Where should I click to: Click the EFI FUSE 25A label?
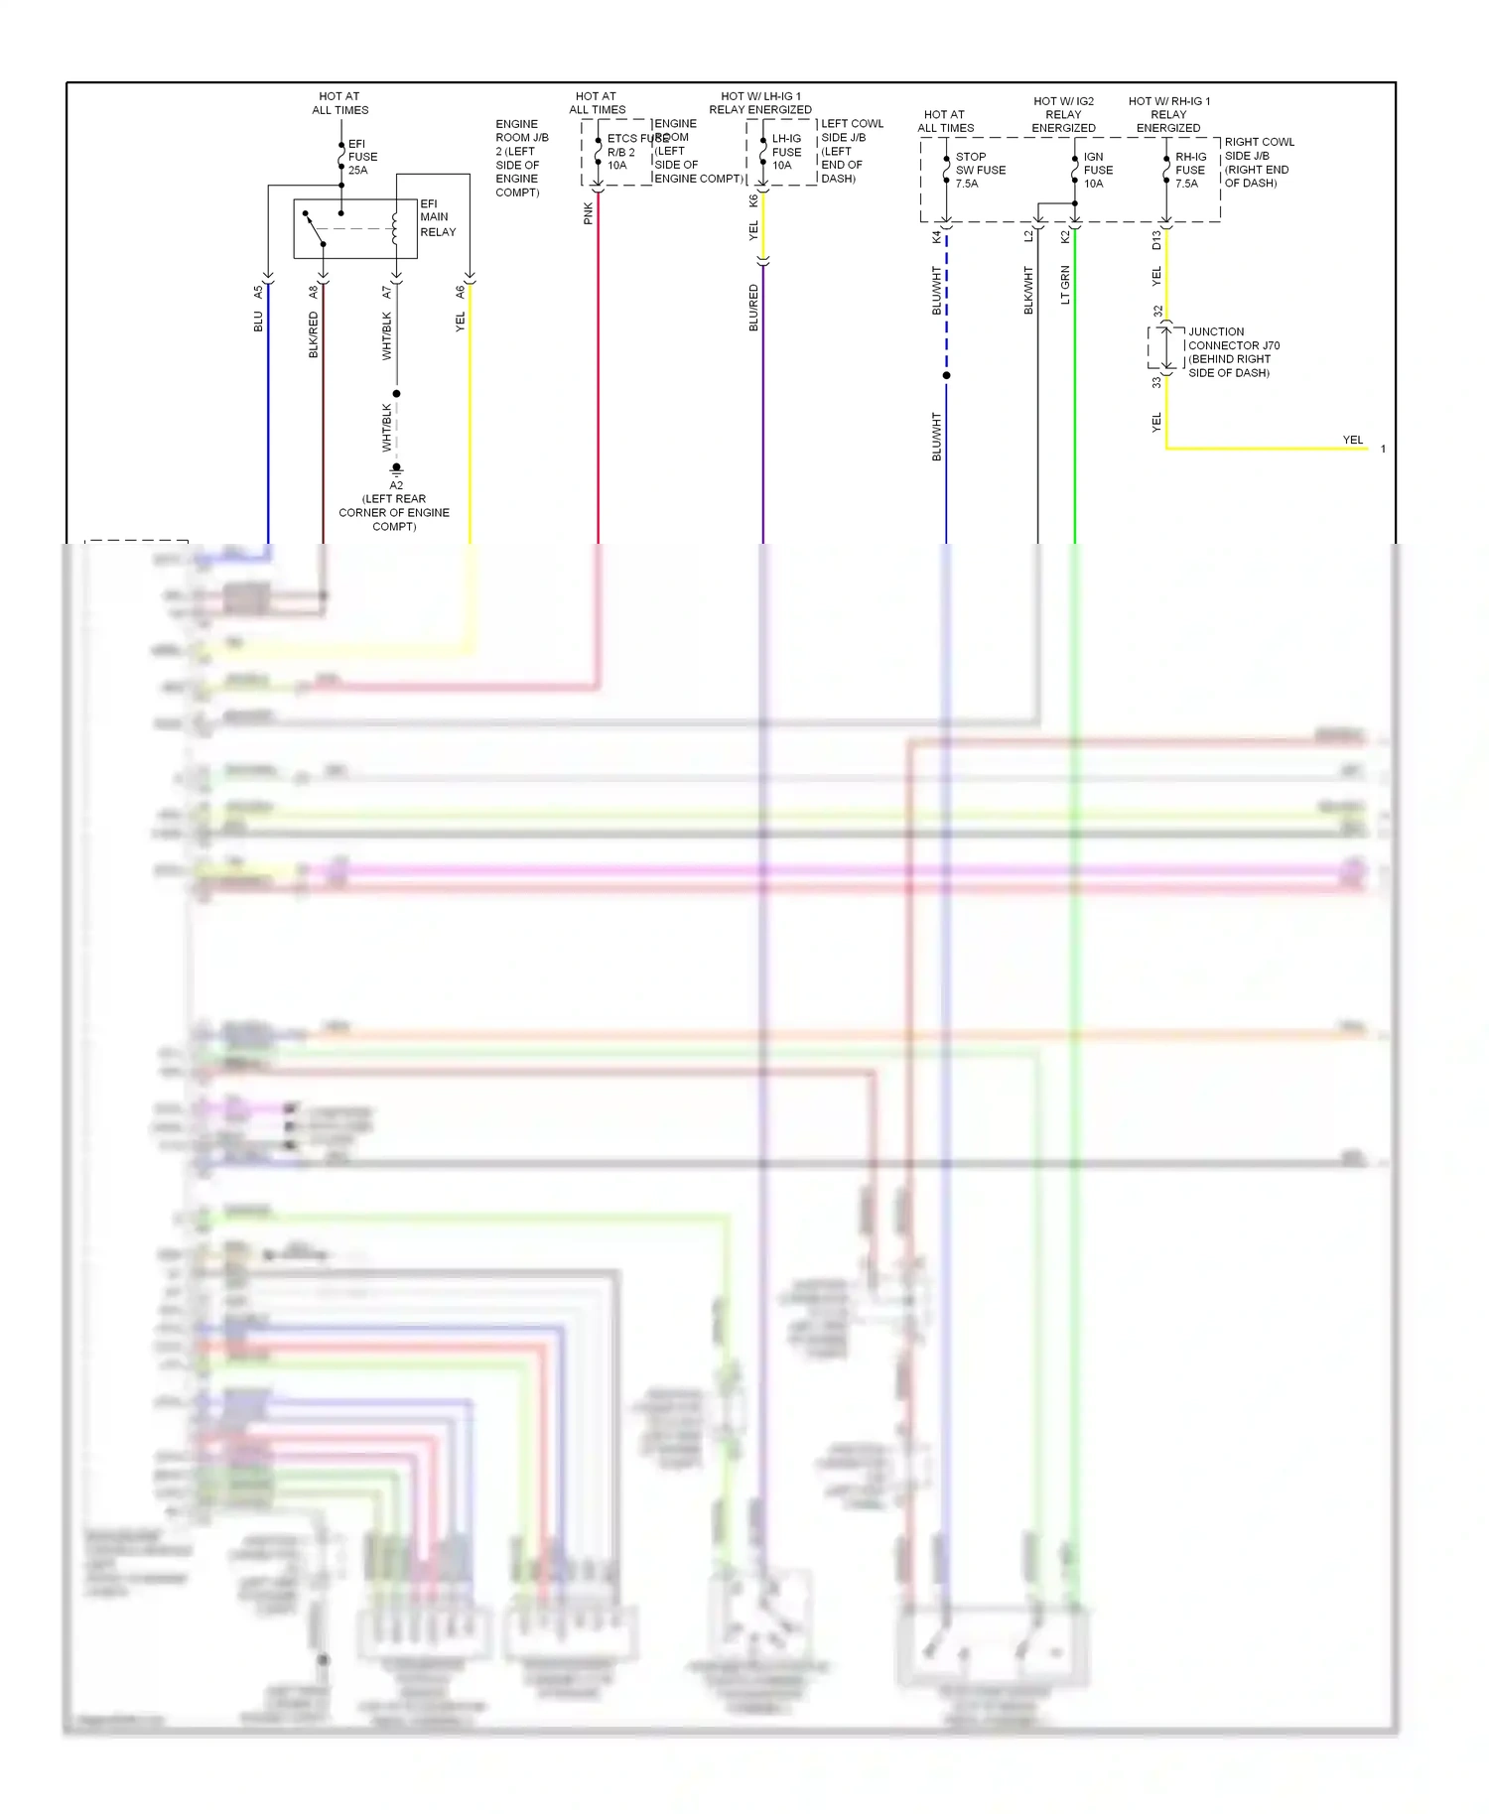pos(361,157)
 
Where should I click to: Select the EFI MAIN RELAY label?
pos(437,217)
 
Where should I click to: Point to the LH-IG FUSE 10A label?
pos(786,152)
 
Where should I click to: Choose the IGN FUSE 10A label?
pos(1097,170)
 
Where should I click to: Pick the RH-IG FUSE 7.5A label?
pos(1190,170)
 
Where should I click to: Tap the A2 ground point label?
pos(396,485)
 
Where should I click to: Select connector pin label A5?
pos(258,292)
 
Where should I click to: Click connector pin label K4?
pos(936,237)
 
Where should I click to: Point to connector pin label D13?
pos(1156,239)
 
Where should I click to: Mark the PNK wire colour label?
pos(588,213)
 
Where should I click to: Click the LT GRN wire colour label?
pos(1065,285)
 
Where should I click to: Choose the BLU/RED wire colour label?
pos(753,308)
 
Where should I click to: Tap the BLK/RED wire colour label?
pos(314,334)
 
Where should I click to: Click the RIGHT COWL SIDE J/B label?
pos(1258,163)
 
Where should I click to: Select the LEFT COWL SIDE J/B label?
pos(851,151)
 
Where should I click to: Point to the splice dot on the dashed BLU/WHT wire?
pos(946,375)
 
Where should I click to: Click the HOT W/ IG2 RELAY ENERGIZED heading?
pos(1063,114)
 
